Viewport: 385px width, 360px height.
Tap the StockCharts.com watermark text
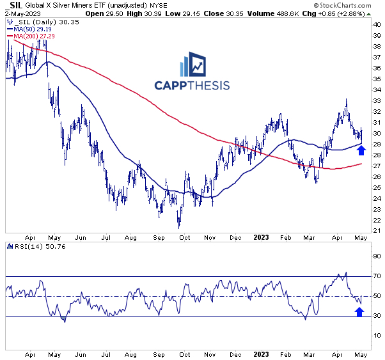pyautogui.click(x=349, y=5)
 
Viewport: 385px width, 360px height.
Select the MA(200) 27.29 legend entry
pyautogui.click(x=34, y=37)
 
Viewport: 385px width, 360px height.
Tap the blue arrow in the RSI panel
pyautogui.click(x=359, y=311)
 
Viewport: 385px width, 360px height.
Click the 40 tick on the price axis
pyautogui.click(x=376, y=24)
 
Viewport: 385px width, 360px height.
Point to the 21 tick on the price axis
pyautogui.click(x=376, y=230)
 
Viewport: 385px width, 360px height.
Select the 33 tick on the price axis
pyautogui.click(x=376, y=100)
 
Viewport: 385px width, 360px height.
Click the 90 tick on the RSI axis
pyautogui.click(x=376, y=256)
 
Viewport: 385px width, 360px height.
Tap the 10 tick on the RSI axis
pyautogui.click(x=376, y=335)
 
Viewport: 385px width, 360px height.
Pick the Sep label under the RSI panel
pyautogui.click(x=159, y=352)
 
